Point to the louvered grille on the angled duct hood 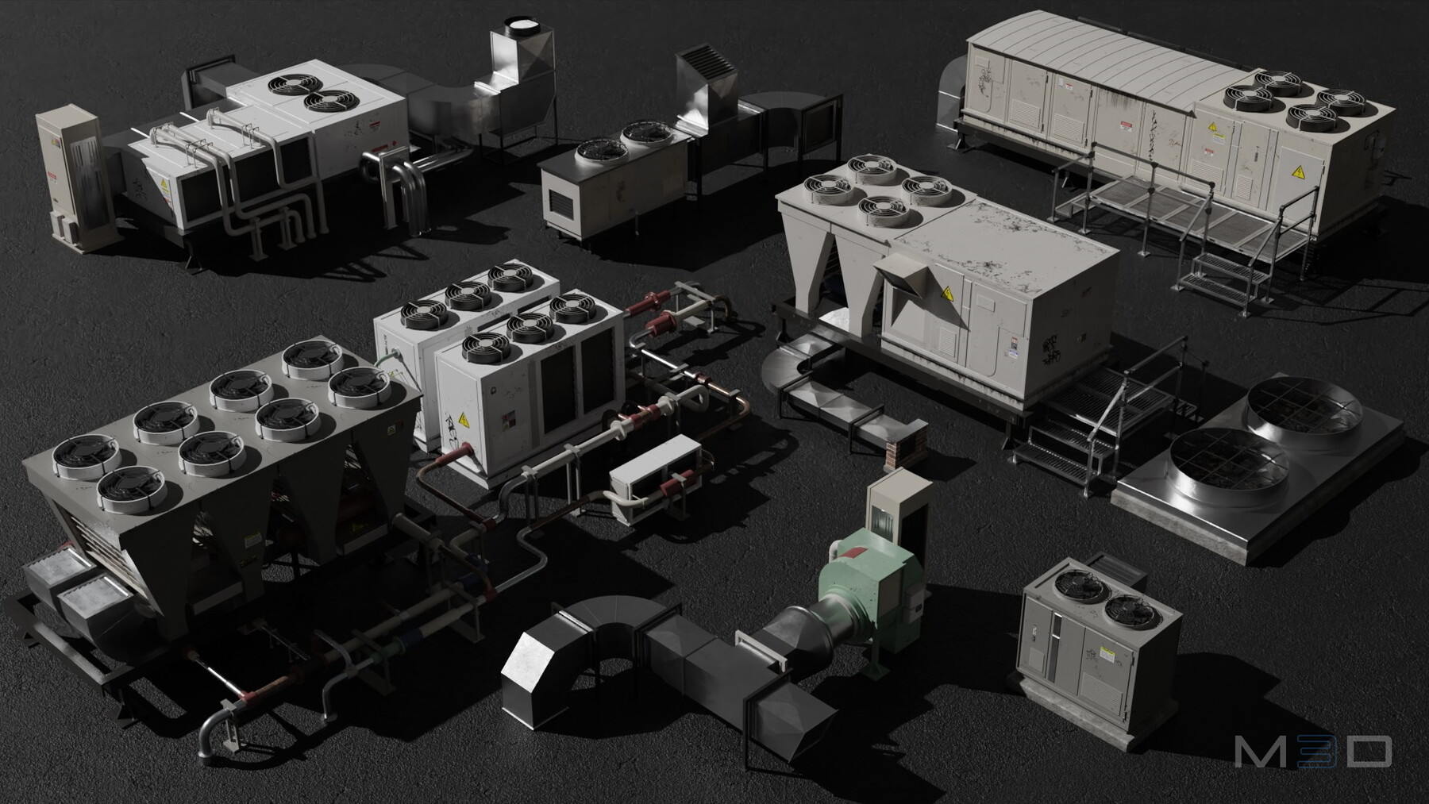pos(701,62)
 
